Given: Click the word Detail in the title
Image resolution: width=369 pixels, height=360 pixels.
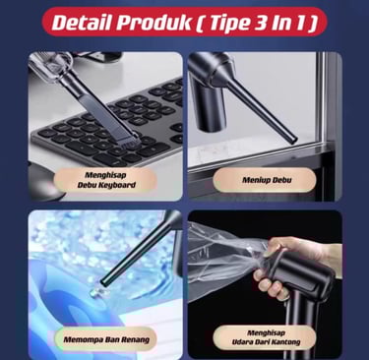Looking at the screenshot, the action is [x=82, y=23].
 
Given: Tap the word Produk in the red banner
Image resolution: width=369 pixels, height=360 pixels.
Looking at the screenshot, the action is [x=154, y=23].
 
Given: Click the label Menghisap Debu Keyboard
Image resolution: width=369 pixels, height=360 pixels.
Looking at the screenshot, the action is [x=106, y=180].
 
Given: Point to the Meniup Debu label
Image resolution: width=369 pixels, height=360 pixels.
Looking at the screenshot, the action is [x=267, y=180].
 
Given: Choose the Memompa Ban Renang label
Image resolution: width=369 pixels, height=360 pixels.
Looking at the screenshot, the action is [x=106, y=339].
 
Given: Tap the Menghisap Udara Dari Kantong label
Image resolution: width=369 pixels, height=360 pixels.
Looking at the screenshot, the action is [x=266, y=337].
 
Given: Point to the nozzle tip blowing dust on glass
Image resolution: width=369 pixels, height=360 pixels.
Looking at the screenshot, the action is [x=292, y=139].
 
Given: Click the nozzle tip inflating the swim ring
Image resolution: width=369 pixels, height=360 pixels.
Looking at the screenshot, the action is [x=104, y=281].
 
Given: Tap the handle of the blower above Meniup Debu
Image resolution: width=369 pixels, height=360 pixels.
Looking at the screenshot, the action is [x=209, y=105].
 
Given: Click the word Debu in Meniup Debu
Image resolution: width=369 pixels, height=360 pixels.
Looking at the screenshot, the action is [x=281, y=180].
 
